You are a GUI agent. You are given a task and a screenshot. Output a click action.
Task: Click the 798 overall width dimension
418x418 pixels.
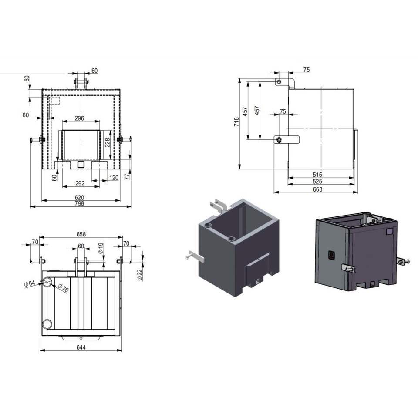(x=79, y=204)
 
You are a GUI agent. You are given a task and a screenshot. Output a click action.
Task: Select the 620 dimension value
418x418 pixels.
(x=79, y=198)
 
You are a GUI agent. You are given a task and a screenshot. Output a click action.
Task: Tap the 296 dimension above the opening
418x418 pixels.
(x=79, y=118)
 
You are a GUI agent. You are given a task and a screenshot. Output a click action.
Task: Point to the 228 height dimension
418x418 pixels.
(x=107, y=142)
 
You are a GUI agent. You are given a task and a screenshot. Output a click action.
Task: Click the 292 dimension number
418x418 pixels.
(x=80, y=183)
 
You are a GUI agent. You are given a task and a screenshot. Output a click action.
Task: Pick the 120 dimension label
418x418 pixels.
(x=114, y=178)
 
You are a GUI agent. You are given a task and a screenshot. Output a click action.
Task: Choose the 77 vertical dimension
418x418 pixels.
(x=127, y=176)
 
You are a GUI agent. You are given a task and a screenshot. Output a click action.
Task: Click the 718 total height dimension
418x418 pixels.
(x=236, y=121)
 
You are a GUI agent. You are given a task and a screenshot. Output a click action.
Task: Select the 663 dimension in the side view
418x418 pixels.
(x=317, y=189)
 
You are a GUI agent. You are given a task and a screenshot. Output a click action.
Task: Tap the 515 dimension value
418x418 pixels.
(x=317, y=174)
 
